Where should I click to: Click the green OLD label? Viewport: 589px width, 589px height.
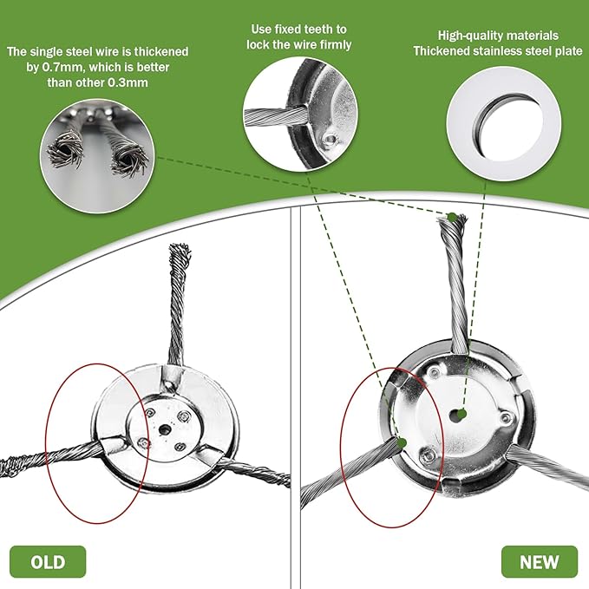coord(48,561)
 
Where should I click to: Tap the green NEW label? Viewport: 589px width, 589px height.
coord(539,561)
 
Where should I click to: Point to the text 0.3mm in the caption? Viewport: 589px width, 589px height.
coord(128,82)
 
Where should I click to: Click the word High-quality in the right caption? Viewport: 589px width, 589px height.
coord(461,36)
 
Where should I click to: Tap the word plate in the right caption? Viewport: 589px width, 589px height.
coord(569,50)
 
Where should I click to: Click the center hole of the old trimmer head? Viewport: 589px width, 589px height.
coord(165,429)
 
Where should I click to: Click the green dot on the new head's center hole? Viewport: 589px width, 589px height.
coord(461,414)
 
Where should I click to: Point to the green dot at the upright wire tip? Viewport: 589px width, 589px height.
coord(452,217)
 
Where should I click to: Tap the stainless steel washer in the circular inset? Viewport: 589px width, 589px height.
coord(503,123)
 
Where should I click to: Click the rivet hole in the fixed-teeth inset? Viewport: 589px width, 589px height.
coord(330,140)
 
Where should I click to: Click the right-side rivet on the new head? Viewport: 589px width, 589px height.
coord(507,417)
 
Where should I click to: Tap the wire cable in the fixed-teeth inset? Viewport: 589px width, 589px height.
coord(275,115)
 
